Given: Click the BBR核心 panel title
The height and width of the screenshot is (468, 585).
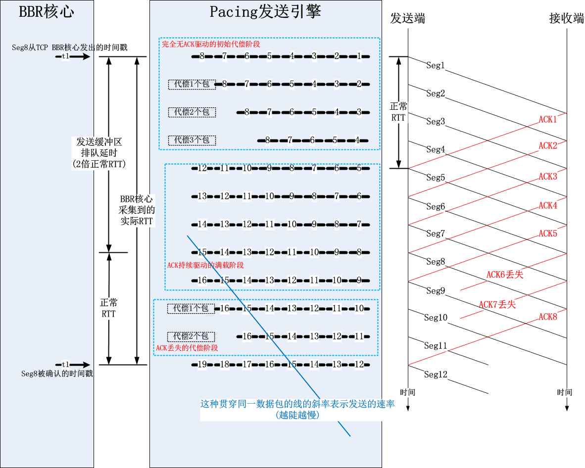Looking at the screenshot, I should click(x=47, y=12).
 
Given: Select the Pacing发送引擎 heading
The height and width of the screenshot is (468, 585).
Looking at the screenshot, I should click(x=265, y=11).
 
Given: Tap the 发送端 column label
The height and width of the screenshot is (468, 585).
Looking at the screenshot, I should click(x=407, y=19).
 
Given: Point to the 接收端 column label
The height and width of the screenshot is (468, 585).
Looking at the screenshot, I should click(x=567, y=19).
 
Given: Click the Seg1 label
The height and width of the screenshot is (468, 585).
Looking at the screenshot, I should click(x=436, y=65).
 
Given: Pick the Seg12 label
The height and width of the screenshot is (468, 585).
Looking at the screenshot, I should click(x=436, y=374).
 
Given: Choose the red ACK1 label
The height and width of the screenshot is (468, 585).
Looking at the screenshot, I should click(x=548, y=119).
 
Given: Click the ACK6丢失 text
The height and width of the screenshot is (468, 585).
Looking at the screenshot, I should click(x=504, y=275).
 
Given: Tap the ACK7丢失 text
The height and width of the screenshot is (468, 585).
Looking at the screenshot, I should click(x=497, y=304).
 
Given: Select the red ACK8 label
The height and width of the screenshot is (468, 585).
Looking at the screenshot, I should click(x=548, y=317).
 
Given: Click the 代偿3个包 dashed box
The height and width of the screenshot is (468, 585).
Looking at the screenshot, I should click(x=192, y=140).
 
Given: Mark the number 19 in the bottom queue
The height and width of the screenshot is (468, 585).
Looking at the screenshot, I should click(x=202, y=365).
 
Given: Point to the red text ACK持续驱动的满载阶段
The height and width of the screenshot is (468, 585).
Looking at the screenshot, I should click(x=205, y=266).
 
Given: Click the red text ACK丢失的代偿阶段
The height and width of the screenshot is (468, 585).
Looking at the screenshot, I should click(x=187, y=348).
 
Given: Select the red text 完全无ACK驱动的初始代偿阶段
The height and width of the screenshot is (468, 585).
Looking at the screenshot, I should click(x=211, y=44).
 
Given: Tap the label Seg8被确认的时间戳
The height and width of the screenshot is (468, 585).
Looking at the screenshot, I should click(x=57, y=374).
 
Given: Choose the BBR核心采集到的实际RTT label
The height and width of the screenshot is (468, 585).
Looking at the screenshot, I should click(x=137, y=210).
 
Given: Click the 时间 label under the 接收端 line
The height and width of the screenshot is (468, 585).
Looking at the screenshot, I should click(x=564, y=392).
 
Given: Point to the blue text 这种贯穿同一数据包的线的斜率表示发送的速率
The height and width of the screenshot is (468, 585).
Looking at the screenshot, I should click(x=297, y=404).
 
